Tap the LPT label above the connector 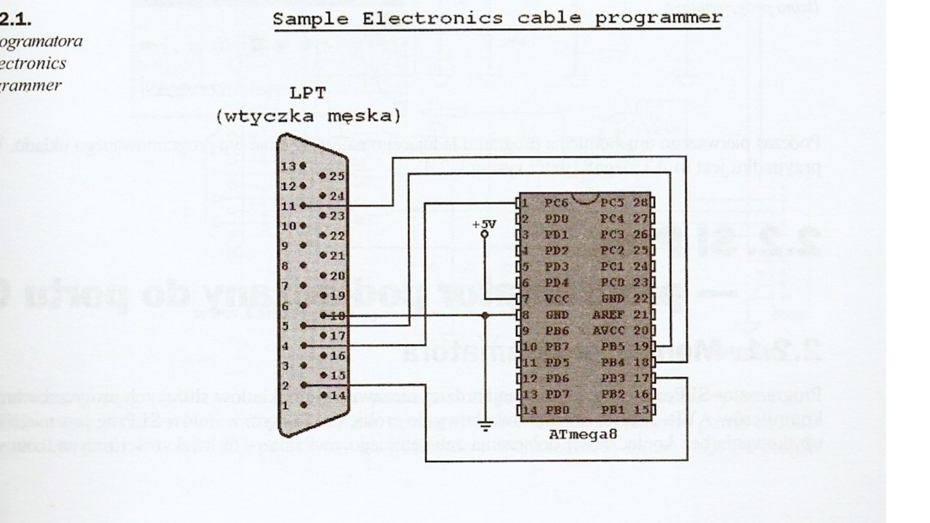pos(308,93)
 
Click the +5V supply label pos(484,224)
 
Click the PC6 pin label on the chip pos(556,203)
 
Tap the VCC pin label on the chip pos(556,299)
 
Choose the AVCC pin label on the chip pos(608,331)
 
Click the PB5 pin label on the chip pos(613,347)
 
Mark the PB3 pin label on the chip pos(613,378)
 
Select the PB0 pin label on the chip pos(556,410)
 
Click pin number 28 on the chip pos(640,203)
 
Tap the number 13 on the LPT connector pos(289,166)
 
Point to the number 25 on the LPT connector pos(337,176)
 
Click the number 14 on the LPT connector pos(337,396)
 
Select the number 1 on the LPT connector pos(285,406)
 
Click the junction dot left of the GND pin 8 pos(485,315)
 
